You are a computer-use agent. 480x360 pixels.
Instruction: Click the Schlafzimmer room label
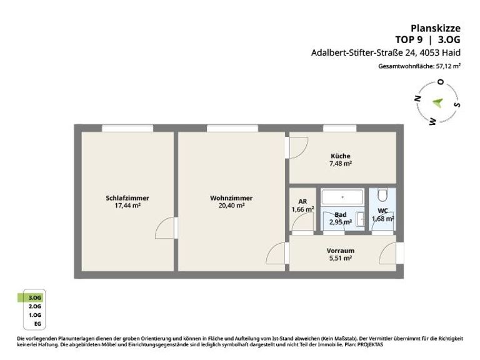pos(127,198)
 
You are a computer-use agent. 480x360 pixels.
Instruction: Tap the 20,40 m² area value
pos(231,206)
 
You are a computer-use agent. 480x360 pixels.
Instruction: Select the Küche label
pos(341,156)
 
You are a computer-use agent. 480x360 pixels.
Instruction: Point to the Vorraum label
pos(341,251)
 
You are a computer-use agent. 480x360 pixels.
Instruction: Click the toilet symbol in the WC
pos(382,195)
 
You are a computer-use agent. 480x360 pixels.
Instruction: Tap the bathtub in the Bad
pos(342,197)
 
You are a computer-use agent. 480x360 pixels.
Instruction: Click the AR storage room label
pos(302,201)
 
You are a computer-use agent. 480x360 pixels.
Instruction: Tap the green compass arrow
pos(437,102)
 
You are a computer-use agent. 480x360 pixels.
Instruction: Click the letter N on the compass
pos(417,99)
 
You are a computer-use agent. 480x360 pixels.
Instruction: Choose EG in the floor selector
pos(37,324)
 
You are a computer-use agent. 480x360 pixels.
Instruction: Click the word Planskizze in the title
pos(435,29)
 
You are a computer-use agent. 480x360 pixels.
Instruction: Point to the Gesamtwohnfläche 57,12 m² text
pos(419,66)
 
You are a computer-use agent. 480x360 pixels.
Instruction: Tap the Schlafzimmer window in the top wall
pos(127,128)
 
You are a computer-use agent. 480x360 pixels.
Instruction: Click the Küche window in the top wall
pos(340,128)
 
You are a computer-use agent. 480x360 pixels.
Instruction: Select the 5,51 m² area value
pos(341,258)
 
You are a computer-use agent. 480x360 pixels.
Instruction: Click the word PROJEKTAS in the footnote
pos(371,345)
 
